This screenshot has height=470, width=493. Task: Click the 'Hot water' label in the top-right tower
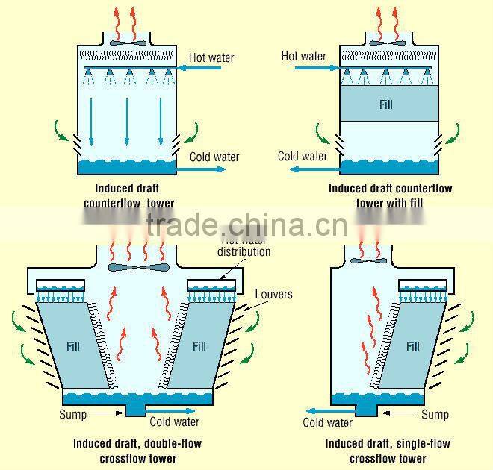tap(303, 56)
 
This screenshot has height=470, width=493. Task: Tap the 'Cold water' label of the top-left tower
tap(214, 157)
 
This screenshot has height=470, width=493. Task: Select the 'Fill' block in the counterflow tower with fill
tap(385, 104)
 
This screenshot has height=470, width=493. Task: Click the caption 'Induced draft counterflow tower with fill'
tap(390, 195)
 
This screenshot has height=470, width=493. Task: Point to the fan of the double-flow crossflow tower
tap(138, 266)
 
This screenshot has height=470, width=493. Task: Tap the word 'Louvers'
tap(273, 294)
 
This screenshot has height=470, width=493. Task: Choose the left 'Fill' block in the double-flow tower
tap(74, 346)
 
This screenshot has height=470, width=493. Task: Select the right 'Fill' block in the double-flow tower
tap(199, 346)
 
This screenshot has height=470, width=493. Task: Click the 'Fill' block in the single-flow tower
tap(413, 346)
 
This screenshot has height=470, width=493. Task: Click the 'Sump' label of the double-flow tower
tap(72, 414)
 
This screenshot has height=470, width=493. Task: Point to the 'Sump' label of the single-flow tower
tap(435, 414)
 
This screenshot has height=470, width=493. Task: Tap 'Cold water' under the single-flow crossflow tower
tap(327, 423)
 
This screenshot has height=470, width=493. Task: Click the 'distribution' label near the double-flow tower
tap(244, 252)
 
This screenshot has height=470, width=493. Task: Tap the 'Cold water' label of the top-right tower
tap(303, 156)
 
